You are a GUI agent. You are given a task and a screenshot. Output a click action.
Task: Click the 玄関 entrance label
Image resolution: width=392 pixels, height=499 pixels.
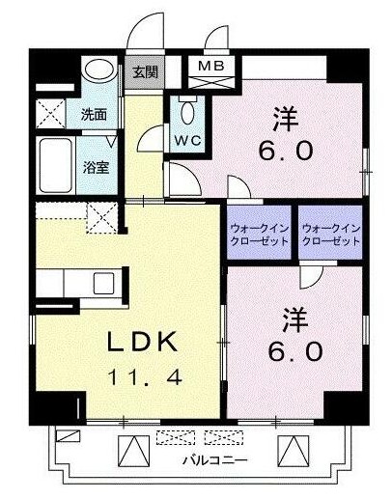click(x=146, y=72)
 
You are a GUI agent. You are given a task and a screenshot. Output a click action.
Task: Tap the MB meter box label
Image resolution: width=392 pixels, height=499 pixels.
click(x=211, y=66)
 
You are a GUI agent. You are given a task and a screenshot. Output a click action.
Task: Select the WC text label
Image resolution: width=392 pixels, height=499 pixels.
click(x=188, y=140)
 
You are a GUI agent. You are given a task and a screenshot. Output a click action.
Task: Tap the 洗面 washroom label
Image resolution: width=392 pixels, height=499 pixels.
click(x=94, y=115)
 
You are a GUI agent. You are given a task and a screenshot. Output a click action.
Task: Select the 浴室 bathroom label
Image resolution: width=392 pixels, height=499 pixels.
click(x=96, y=167)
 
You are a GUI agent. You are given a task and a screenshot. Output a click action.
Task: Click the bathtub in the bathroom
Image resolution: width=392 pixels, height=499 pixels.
click(x=56, y=165)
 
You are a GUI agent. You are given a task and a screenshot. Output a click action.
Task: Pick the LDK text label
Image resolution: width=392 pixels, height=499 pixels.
click(x=143, y=342)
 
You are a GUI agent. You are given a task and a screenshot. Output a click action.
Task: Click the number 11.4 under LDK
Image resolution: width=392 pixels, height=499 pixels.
click(x=145, y=377)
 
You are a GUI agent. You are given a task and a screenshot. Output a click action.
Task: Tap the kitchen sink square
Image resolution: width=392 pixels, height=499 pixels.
click(x=103, y=283)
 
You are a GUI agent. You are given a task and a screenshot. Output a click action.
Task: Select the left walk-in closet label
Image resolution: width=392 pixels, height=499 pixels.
click(x=260, y=236)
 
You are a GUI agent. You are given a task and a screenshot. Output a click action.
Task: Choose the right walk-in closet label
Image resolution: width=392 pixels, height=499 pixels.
click(x=331, y=236)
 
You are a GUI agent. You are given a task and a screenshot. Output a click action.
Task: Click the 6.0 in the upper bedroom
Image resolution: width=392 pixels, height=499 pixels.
click(x=286, y=152)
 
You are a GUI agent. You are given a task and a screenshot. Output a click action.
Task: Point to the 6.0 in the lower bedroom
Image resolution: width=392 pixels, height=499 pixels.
click(x=295, y=351)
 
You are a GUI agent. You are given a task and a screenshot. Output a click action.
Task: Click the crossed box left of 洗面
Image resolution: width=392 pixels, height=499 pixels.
click(x=50, y=114)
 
